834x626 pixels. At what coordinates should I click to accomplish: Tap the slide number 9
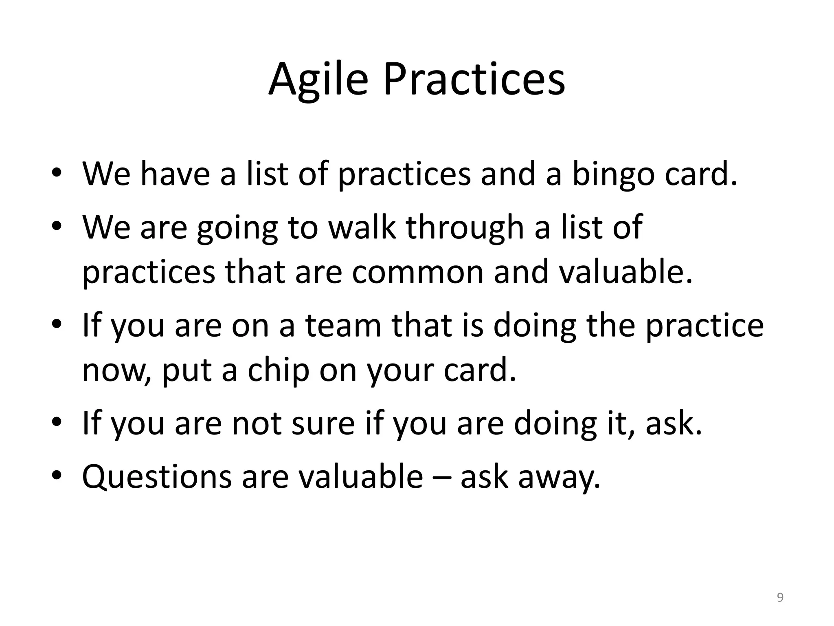[780, 597]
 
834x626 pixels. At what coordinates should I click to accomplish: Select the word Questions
[157, 477]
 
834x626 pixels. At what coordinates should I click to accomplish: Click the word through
[465, 228]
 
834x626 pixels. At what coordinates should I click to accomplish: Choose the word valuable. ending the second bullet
[625, 272]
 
